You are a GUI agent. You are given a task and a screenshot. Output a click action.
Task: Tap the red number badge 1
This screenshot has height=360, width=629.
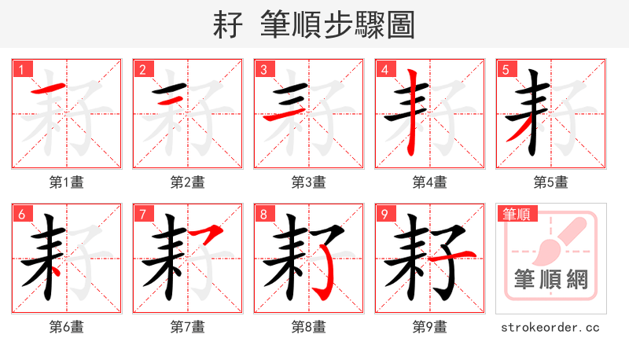[x=21, y=69]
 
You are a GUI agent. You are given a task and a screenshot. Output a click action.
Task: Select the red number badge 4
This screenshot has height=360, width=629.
[x=384, y=69]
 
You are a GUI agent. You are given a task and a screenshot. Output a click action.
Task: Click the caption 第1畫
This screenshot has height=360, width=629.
[x=67, y=182]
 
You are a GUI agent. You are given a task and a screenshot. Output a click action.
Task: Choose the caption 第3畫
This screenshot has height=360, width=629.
[x=309, y=182]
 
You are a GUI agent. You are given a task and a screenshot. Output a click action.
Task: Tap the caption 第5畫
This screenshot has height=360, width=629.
[x=551, y=182]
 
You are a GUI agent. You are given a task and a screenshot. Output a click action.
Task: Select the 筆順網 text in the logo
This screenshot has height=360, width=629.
[x=551, y=279]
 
